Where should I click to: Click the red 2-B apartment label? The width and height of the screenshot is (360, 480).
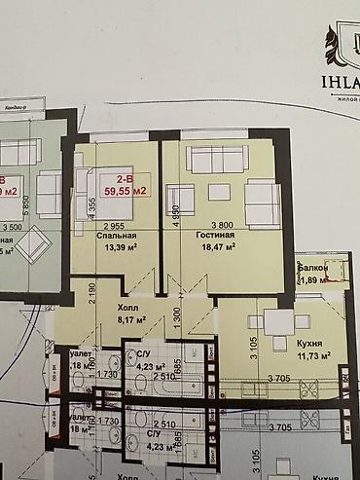(x=126, y=179)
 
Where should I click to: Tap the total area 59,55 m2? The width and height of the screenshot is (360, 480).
(x=126, y=192)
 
